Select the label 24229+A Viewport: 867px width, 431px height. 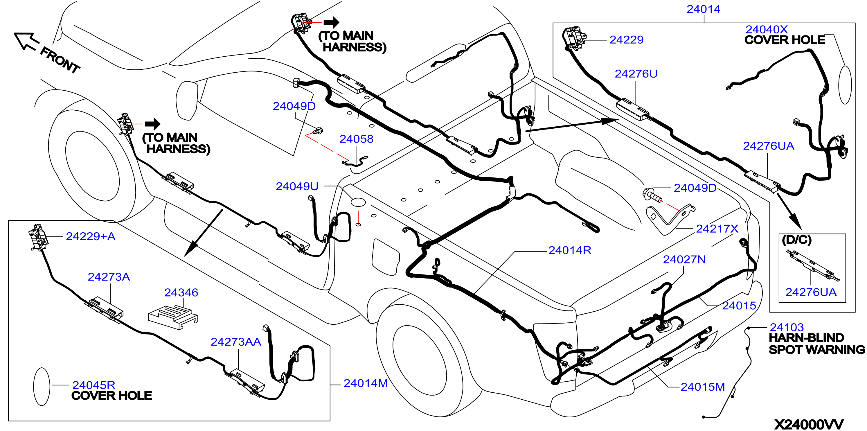[x=91, y=236]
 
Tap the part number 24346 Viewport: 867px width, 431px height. [x=181, y=292]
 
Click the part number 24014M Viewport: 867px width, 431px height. [x=366, y=383]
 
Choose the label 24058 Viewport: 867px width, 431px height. [x=357, y=139]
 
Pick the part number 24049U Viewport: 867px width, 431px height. [x=297, y=186]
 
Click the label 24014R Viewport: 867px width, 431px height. [x=570, y=250]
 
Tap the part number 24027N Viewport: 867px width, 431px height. [x=684, y=259]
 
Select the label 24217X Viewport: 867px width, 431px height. [x=717, y=229]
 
